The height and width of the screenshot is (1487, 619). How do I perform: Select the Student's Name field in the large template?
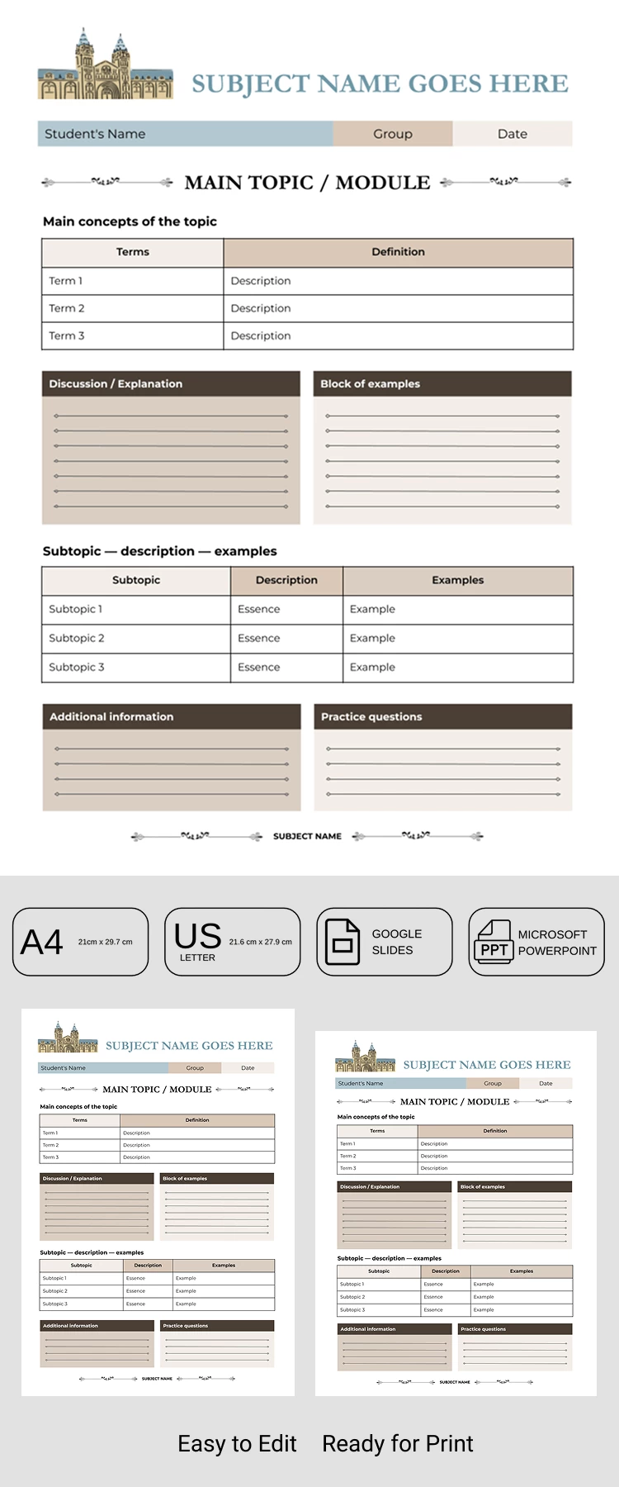185,134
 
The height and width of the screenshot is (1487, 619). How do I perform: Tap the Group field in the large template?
393,134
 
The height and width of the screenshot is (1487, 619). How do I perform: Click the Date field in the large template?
512,134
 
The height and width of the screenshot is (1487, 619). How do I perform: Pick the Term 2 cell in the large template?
132,308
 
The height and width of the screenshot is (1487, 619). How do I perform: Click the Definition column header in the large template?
398,252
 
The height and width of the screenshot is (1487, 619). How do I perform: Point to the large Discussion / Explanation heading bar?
171,383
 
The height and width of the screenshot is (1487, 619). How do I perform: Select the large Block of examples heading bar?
442,383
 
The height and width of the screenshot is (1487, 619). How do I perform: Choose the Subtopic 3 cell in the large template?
135,667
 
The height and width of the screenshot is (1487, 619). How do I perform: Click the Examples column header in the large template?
457,580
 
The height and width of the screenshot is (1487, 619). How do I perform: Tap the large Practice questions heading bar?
442,716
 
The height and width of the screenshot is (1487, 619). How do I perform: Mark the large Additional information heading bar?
171,716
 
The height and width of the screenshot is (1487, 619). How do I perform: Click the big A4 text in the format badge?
41,942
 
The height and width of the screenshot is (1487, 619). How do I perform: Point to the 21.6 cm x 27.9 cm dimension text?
260,942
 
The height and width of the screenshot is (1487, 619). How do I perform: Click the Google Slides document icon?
343,942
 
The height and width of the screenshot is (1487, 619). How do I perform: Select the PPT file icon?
494,942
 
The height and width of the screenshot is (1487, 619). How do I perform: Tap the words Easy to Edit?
237,1443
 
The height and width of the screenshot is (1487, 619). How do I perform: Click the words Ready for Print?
397,1443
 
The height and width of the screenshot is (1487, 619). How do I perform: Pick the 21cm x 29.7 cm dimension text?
105,942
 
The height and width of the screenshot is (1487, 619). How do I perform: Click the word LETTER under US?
197,957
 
